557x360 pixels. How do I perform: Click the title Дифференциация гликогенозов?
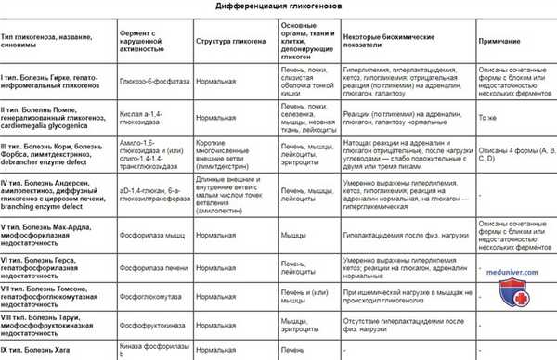pos(278,8)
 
